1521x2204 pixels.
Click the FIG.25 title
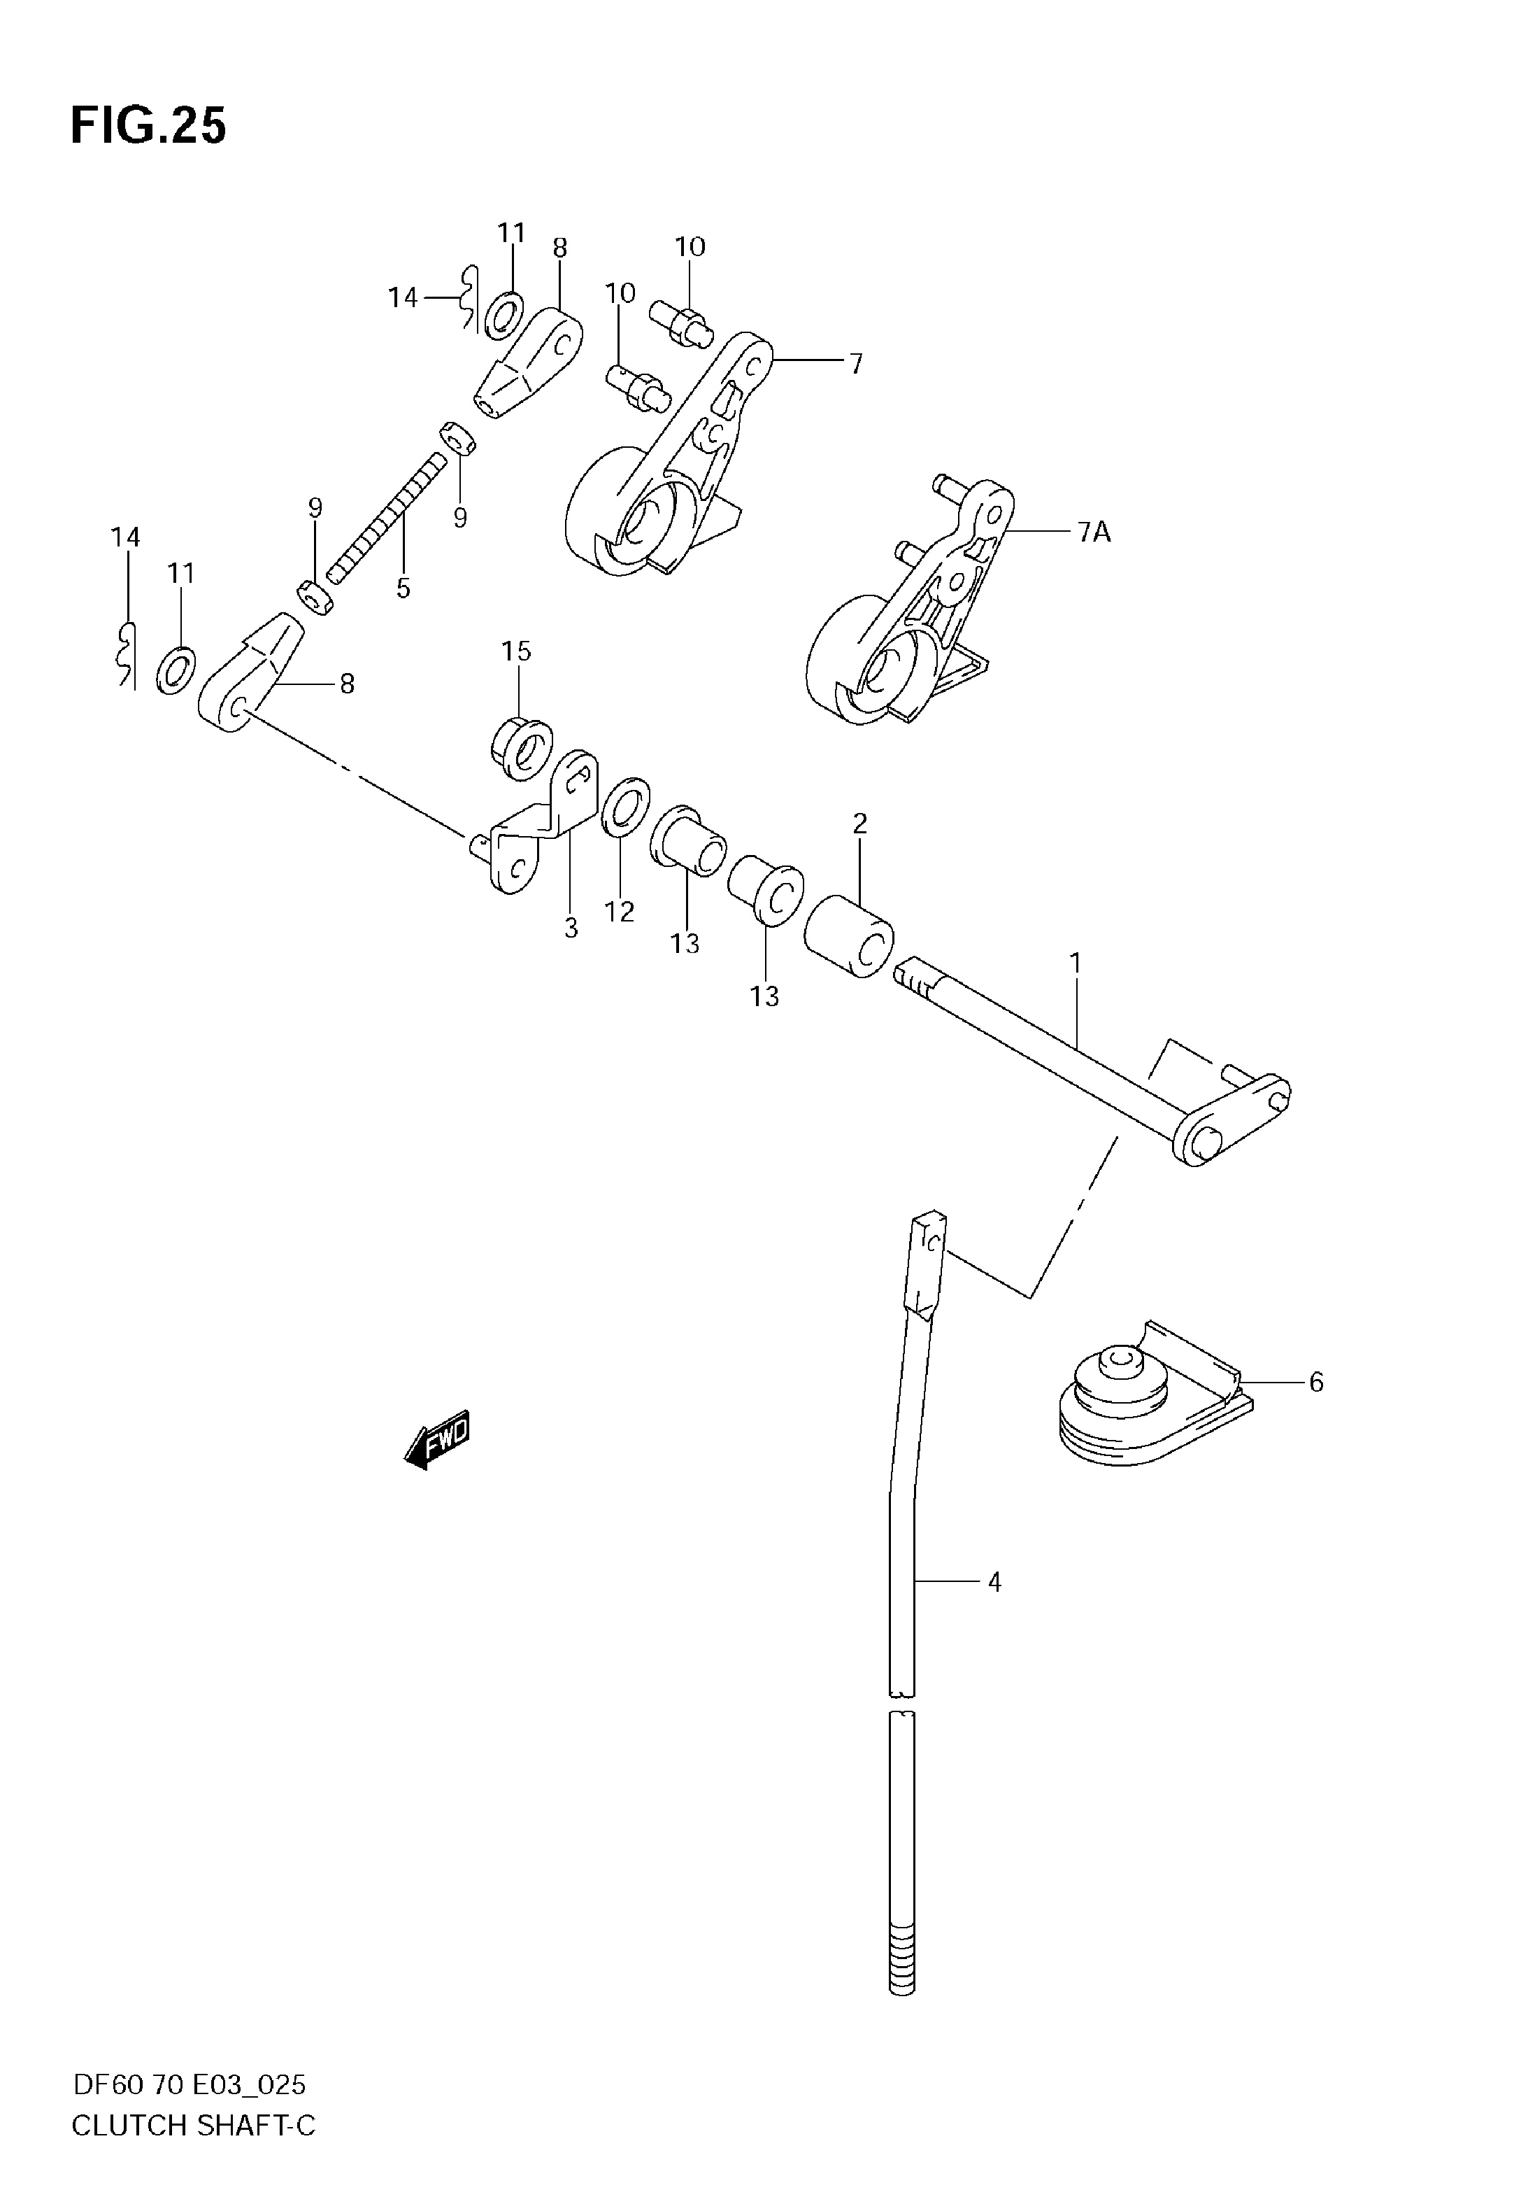tap(149, 126)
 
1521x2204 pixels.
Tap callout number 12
tap(620, 912)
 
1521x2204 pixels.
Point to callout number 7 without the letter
tap(856, 363)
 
